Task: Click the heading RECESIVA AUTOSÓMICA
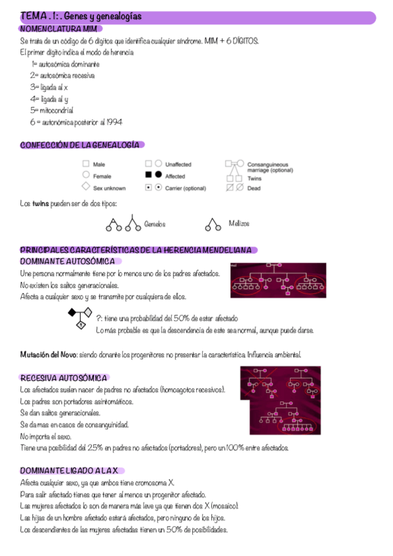pos(64,378)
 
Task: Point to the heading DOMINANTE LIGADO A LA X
pos(69,471)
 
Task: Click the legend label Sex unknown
pos(110,188)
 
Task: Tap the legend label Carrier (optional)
pos(186,188)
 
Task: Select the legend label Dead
pos(254,188)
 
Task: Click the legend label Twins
pos(255,178)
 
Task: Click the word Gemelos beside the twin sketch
pos(155,224)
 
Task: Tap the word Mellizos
pos(239,224)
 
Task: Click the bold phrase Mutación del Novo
pos(49,355)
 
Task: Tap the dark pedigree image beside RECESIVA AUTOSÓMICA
pos(285,399)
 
